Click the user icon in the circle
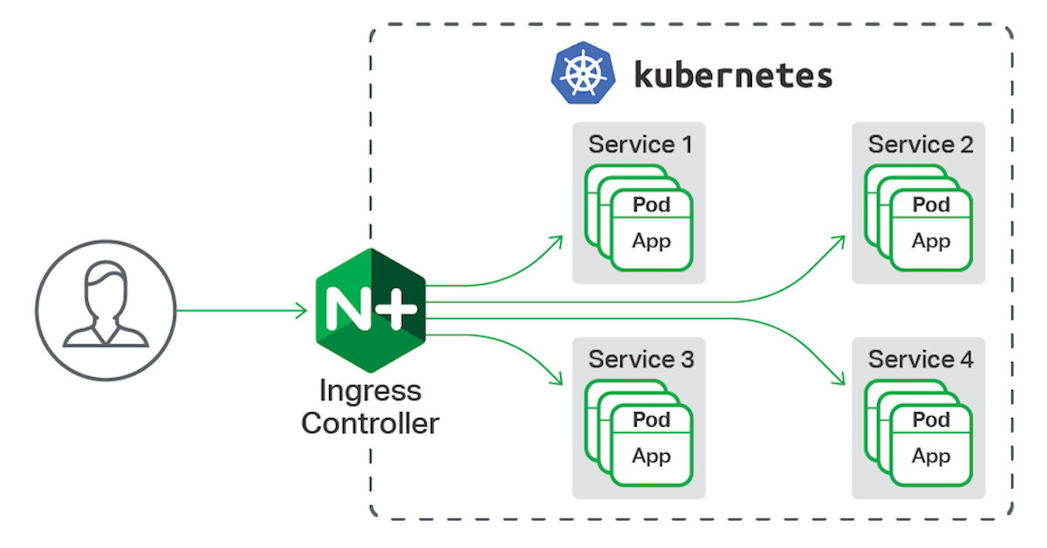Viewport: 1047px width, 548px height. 105,310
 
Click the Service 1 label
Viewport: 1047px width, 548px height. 640,144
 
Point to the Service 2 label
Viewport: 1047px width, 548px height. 920,144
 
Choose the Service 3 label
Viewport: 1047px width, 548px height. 640,359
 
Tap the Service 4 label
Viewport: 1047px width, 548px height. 920,359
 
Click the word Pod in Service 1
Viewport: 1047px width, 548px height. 652,205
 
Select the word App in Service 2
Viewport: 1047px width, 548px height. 931,240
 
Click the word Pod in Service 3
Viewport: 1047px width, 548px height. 652,420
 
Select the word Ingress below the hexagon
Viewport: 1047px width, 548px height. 370,390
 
